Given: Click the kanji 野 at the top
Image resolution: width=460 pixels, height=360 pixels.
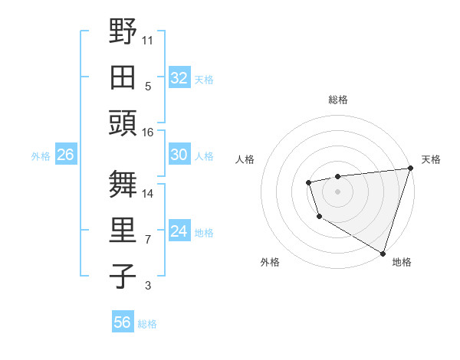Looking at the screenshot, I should [123, 32].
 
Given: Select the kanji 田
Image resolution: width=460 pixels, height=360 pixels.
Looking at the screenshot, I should [123, 77].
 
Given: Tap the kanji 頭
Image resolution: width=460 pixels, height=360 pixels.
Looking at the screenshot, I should [123, 123].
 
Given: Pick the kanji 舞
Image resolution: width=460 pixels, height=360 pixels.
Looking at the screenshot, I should [123, 184].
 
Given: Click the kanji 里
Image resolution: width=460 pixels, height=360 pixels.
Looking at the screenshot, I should [123, 231].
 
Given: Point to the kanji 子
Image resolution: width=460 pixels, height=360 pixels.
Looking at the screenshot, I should [123, 276].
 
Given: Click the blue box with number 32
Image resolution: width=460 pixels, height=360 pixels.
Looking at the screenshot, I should [179, 77].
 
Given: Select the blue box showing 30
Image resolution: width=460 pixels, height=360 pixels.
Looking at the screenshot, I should [179, 155].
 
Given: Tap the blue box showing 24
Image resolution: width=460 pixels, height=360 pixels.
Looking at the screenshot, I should [179, 231].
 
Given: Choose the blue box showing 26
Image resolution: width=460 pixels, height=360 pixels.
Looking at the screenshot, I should [65, 155].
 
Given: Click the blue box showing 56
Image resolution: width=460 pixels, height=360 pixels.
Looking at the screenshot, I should [123, 322].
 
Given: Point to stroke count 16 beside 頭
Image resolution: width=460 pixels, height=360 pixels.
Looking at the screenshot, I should [148, 132].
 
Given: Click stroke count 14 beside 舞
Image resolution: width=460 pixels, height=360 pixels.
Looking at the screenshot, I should [148, 193].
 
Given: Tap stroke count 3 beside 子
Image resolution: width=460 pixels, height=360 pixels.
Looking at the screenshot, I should [148, 286].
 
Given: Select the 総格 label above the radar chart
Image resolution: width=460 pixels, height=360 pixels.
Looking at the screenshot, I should [337, 100].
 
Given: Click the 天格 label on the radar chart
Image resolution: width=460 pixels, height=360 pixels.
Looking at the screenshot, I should [431, 159].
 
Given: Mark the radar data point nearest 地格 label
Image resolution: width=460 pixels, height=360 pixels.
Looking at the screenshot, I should [383, 253].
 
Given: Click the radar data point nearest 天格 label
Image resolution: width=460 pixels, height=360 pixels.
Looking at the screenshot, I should [410, 169].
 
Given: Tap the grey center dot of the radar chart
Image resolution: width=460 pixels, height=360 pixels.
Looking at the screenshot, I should [337, 190].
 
